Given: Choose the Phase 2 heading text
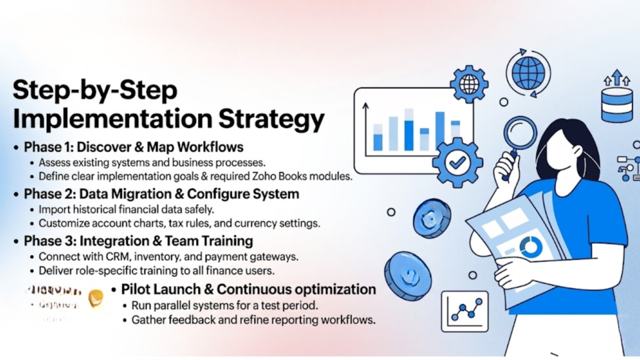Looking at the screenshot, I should point(161,194).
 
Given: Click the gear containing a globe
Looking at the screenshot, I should point(469,84).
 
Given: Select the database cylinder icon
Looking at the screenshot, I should point(617,104).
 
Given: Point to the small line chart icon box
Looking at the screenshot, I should point(464,311).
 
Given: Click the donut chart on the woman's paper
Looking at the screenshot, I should point(530,247).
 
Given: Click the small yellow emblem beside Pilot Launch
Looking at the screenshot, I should point(96,298).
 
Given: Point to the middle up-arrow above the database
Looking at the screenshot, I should point(617,77).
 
